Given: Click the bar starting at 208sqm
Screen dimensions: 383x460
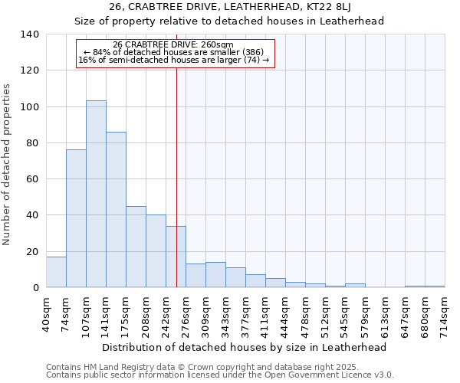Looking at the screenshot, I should (x=156, y=251).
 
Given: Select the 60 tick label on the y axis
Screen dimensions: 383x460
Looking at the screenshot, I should (x=32, y=179).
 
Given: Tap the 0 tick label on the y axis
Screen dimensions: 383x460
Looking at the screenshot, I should (x=35, y=288).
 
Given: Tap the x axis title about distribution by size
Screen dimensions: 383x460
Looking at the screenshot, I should (x=244, y=347).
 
